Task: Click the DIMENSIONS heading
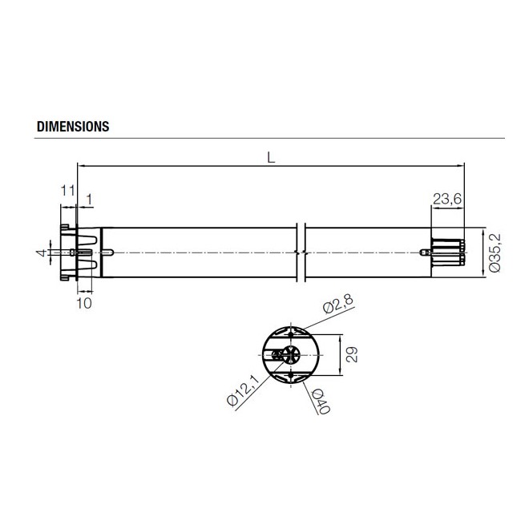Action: (73, 127)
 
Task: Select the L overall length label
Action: (272, 159)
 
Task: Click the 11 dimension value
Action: (67, 191)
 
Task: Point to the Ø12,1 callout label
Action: (243, 392)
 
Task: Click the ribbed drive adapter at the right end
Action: (448, 252)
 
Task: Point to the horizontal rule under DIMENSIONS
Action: (269, 139)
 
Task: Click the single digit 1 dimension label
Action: (88, 198)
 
